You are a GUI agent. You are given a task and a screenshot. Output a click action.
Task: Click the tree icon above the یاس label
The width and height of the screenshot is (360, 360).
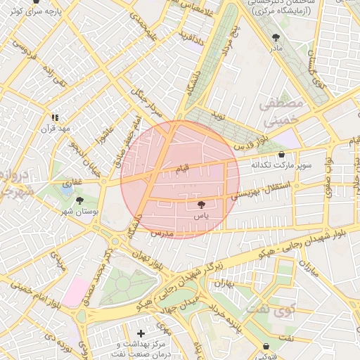click(202, 205)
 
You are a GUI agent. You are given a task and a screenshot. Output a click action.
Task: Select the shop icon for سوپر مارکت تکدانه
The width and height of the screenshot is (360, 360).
click(282, 154)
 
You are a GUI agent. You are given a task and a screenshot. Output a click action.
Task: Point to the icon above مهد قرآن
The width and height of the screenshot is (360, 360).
click(55, 118)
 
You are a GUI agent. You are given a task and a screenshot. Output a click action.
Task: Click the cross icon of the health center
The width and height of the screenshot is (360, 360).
click(141, 333)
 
